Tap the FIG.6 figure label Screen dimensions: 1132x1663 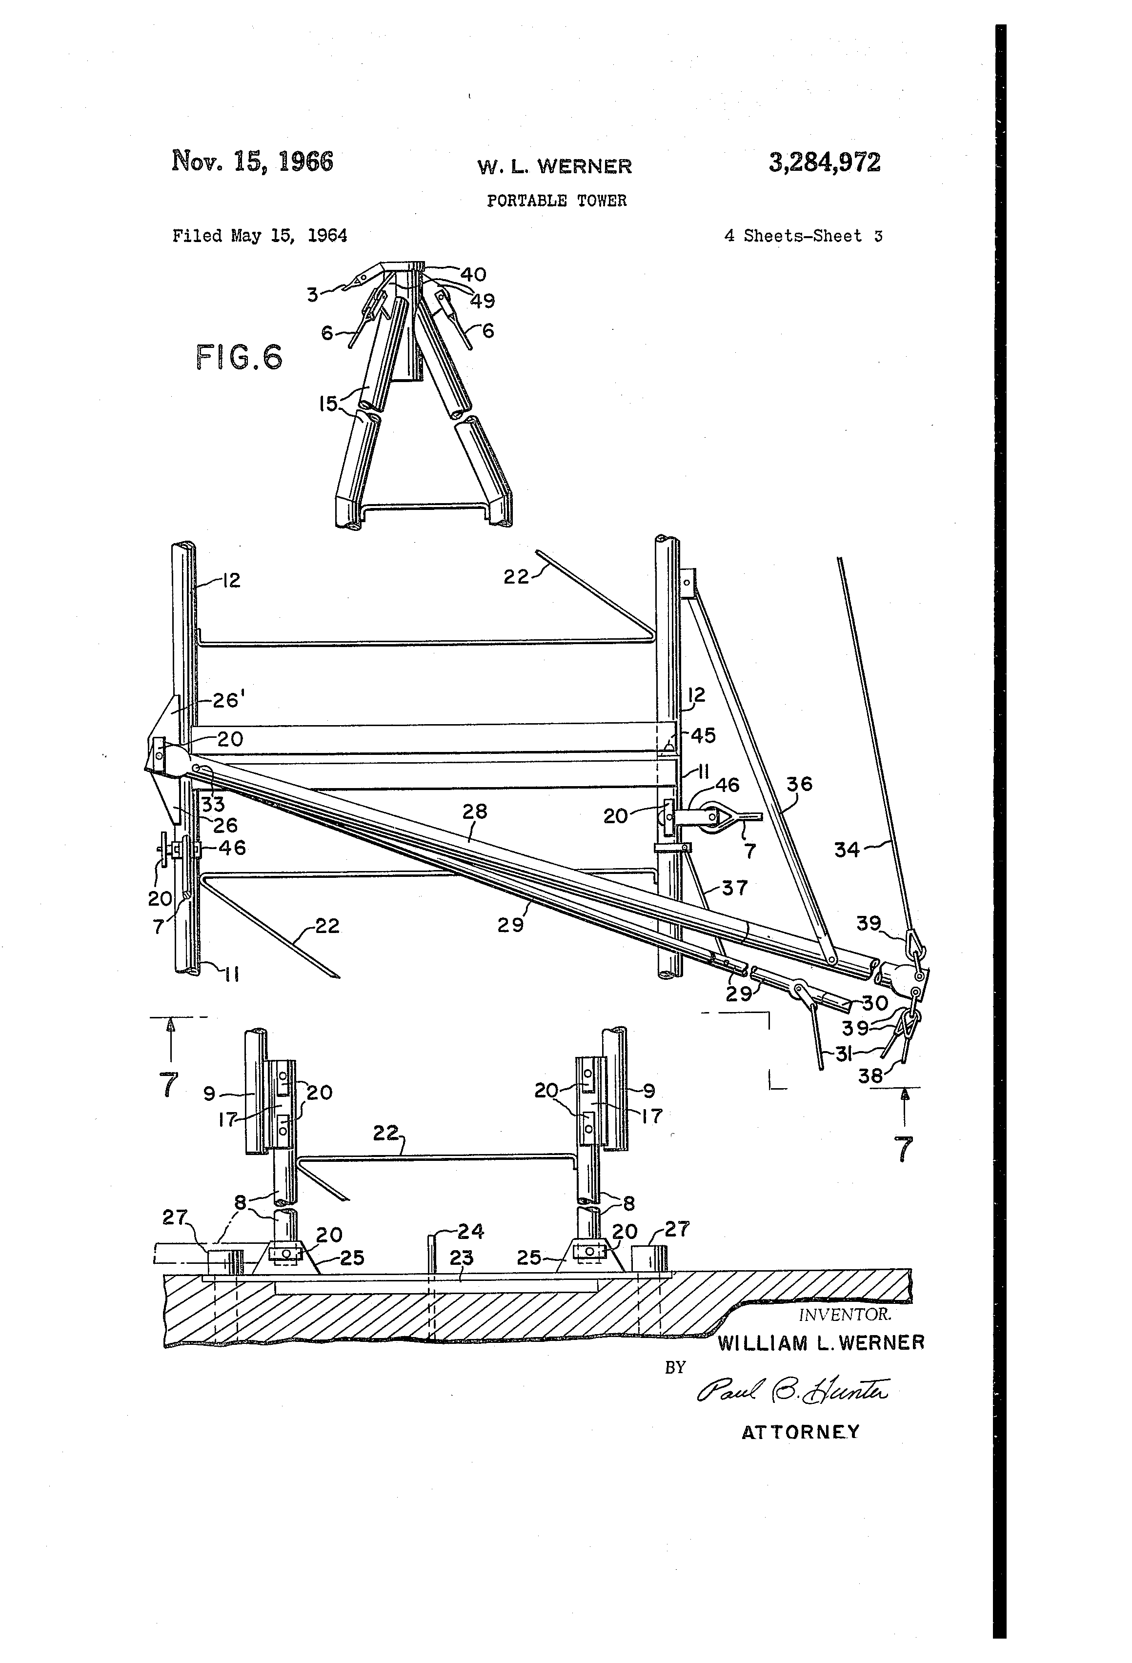point(239,357)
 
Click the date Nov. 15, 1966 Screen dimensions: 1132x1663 point(252,161)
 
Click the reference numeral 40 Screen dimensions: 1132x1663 point(473,275)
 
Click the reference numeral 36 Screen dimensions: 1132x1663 point(799,784)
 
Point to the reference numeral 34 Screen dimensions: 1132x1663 point(847,850)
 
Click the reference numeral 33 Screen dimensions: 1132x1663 point(213,804)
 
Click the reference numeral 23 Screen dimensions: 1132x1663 point(462,1257)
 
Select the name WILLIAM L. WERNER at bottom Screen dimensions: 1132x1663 point(821,1342)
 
